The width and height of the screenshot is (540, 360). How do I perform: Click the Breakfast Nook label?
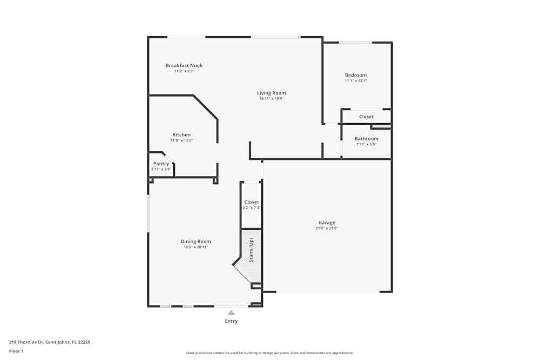[x=184, y=65]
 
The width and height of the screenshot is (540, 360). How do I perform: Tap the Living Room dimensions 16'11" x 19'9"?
[x=271, y=98]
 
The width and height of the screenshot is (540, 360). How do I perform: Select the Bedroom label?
[x=356, y=75]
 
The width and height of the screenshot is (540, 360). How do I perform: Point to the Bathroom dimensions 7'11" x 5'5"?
[x=366, y=144]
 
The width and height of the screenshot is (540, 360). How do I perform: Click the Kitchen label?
[x=181, y=134]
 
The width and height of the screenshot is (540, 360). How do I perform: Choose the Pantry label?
[x=161, y=164]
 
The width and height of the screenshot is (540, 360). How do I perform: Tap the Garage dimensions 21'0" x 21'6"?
[x=327, y=228]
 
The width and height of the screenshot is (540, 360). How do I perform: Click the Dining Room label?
[x=195, y=241]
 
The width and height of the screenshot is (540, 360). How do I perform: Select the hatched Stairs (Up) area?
[x=251, y=254]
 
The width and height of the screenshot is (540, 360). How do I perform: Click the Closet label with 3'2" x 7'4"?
[x=252, y=202]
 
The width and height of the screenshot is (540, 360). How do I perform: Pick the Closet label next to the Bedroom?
[x=366, y=117]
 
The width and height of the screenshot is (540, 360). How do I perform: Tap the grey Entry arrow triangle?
[x=231, y=313]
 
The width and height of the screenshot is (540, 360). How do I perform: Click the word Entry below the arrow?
[x=231, y=321]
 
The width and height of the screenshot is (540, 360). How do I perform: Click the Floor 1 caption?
[x=16, y=351]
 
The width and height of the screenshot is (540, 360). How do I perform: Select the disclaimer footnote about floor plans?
[x=270, y=352]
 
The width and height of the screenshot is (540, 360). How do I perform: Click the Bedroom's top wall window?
[x=355, y=43]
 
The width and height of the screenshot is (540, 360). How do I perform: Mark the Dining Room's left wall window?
[x=148, y=213]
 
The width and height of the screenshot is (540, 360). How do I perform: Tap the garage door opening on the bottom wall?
[x=328, y=292]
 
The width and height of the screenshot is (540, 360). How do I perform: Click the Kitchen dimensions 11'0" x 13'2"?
[x=181, y=140]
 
